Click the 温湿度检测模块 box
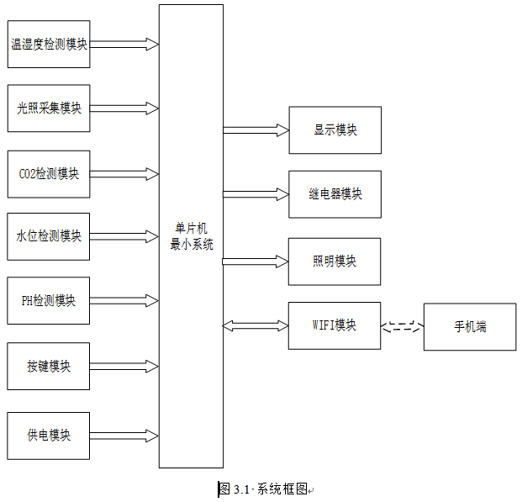point(49,44)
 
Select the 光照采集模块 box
point(49,108)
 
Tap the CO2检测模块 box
point(49,174)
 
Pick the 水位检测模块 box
point(48,236)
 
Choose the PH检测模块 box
point(48,300)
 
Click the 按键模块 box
point(48,366)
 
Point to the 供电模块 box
point(48,436)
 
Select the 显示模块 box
point(335,130)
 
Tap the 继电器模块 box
point(335,194)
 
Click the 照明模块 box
point(335,262)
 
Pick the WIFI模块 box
point(335,325)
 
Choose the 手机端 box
point(470,327)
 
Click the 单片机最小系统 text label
point(192,236)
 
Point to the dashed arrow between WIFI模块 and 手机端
point(402,326)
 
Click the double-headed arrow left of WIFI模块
point(256,325)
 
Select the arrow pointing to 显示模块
point(256,130)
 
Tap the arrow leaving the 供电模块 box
point(124,436)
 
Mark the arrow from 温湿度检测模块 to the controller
point(124,45)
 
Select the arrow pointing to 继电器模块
point(256,194)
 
